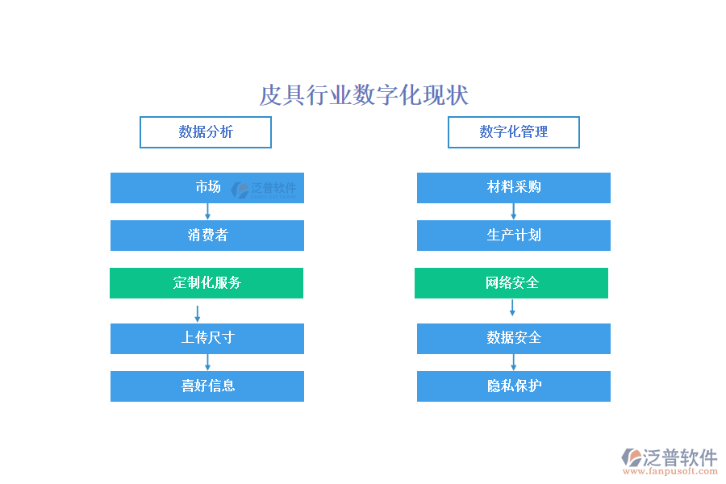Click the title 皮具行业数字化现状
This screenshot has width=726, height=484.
(x=364, y=95)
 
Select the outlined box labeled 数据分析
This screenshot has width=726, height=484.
(x=206, y=132)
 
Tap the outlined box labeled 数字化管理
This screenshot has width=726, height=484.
(x=514, y=132)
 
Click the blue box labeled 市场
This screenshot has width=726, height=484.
(x=207, y=188)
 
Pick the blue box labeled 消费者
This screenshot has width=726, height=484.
(x=207, y=236)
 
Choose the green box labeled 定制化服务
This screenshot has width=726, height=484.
(x=207, y=283)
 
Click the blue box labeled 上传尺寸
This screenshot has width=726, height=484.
(x=207, y=339)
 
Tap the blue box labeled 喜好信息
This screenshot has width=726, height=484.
(x=207, y=386)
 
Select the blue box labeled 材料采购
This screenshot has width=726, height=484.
(x=514, y=188)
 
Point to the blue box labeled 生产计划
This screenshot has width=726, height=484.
(x=514, y=236)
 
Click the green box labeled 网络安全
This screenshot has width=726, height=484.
(x=511, y=283)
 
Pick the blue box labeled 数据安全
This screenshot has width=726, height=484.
(x=514, y=339)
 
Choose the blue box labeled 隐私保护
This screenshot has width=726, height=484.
(x=514, y=386)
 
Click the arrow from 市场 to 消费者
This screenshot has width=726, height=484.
(x=207, y=211)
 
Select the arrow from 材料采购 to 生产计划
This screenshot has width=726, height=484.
(x=514, y=211)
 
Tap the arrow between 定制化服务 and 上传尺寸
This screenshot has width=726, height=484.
(x=198, y=314)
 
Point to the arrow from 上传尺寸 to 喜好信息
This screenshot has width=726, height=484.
(x=207, y=363)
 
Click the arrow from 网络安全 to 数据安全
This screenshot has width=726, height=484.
(x=512, y=307)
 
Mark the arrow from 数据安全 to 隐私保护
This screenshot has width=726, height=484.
(x=514, y=363)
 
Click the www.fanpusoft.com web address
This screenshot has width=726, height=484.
(x=670, y=471)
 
